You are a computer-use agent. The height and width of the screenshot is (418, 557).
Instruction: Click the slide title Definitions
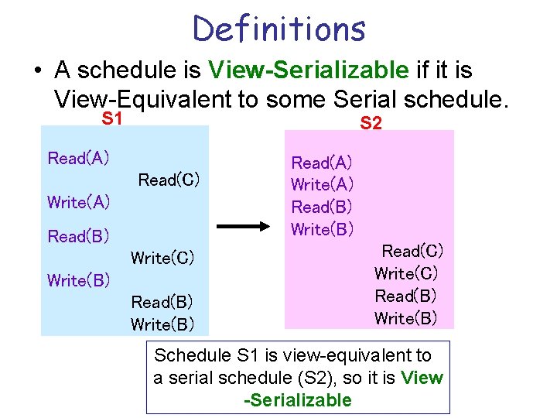click(278, 28)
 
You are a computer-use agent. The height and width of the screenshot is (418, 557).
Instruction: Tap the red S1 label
click(113, 119)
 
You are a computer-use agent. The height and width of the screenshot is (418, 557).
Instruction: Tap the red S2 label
click(371, 122)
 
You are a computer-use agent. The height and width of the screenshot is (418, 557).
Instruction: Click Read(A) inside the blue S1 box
click(78, 159)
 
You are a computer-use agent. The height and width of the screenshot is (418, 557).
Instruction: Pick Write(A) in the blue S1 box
click(78, 203)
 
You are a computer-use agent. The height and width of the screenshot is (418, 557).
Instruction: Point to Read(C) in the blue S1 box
click(169, 180)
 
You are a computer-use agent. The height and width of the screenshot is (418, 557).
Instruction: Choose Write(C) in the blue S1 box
click(162, 258)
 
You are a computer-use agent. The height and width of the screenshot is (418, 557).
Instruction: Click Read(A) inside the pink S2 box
click(322, 163)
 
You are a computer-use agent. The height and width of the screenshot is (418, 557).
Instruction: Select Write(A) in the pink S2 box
click(322, 185)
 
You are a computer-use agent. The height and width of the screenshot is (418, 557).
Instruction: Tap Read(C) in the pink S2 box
click(412, 251)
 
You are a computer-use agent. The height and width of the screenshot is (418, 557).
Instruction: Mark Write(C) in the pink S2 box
click(406, 273)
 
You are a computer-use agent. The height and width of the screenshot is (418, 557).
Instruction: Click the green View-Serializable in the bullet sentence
click(308, 70)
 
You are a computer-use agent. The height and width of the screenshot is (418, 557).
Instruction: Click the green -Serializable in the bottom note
click(297, 400)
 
